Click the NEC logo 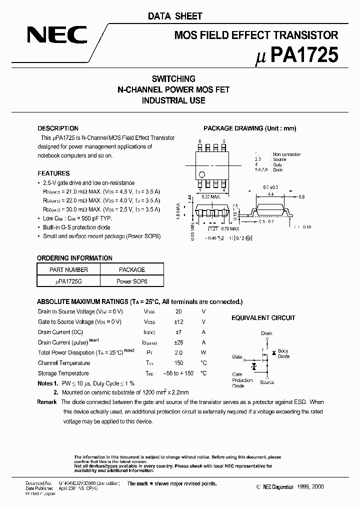(x=56, y=35)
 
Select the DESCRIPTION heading (x=58, y=128)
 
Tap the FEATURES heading (x=53, y=173)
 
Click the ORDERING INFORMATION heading (x=74, y=258)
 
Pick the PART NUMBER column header (x=69, y=269)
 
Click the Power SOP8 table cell (x=131, y=281)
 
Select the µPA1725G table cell (x=69, y=281)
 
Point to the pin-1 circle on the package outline (x=202, y=174)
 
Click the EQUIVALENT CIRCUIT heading (x=263, y=318)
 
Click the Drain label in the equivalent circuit (x=266, y=333)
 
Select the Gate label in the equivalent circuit (x=236, y=357)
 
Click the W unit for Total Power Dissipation (x=203, y=352)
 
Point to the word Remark (x=47, y=402)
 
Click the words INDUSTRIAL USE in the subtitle (x=173, y=100)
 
